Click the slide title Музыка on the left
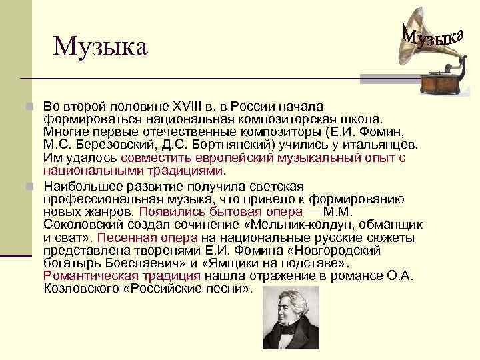tap(100, 46)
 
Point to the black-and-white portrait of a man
tap(291, 318)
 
